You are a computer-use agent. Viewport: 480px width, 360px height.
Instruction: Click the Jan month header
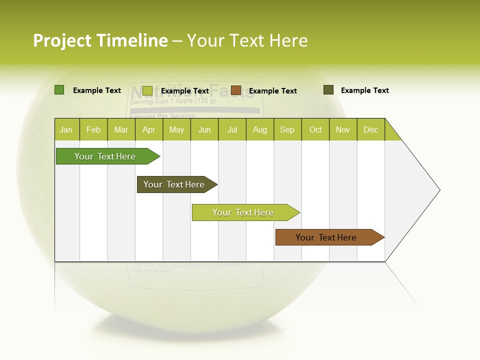tap(66, 129)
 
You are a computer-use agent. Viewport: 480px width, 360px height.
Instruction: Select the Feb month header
tap(93, 129)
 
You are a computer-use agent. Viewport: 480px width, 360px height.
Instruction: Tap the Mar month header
tap(121, 129)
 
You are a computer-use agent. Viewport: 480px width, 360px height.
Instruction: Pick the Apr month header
tap(149, 129)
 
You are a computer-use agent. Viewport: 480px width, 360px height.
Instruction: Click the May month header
tap(176, 129)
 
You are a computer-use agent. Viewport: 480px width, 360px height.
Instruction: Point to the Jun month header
tap(204, 129)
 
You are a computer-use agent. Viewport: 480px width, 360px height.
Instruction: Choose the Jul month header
tap(232, 129)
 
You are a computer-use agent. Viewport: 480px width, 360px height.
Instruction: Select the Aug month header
tap(260, 129)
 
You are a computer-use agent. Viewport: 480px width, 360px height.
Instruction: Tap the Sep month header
tap(287, 129)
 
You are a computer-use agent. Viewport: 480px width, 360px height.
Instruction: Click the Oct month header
tap(315, 129)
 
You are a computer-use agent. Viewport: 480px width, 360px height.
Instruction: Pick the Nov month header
tap(343, 129)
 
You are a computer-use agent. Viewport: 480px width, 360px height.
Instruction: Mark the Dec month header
tap(371, 129)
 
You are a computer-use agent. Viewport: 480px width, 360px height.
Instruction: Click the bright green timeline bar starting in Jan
tap(105, 156)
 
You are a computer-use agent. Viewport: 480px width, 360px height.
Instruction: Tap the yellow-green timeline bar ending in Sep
tap(243, 212)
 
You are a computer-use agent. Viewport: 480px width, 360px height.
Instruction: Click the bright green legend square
tap(59, 90)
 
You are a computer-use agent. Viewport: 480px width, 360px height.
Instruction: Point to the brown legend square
tap(236, 90)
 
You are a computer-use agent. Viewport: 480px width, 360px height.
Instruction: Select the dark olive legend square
tap(328, 90)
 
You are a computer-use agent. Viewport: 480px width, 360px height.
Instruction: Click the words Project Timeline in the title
tap(100, 40)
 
